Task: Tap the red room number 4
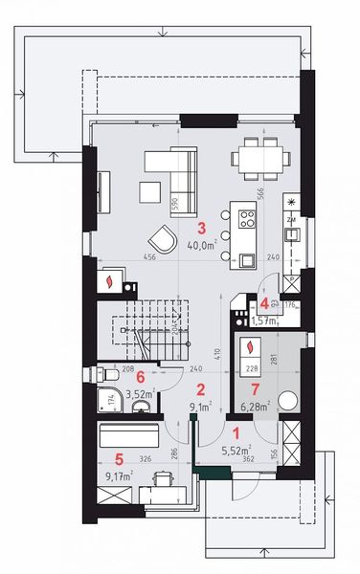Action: click(263, 303)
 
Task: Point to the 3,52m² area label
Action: click(140, 392)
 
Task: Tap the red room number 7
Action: click(254, 389)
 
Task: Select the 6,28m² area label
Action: click(254, 406)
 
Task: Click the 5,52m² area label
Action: click(236, 449)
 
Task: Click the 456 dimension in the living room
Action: click(123, 257)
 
